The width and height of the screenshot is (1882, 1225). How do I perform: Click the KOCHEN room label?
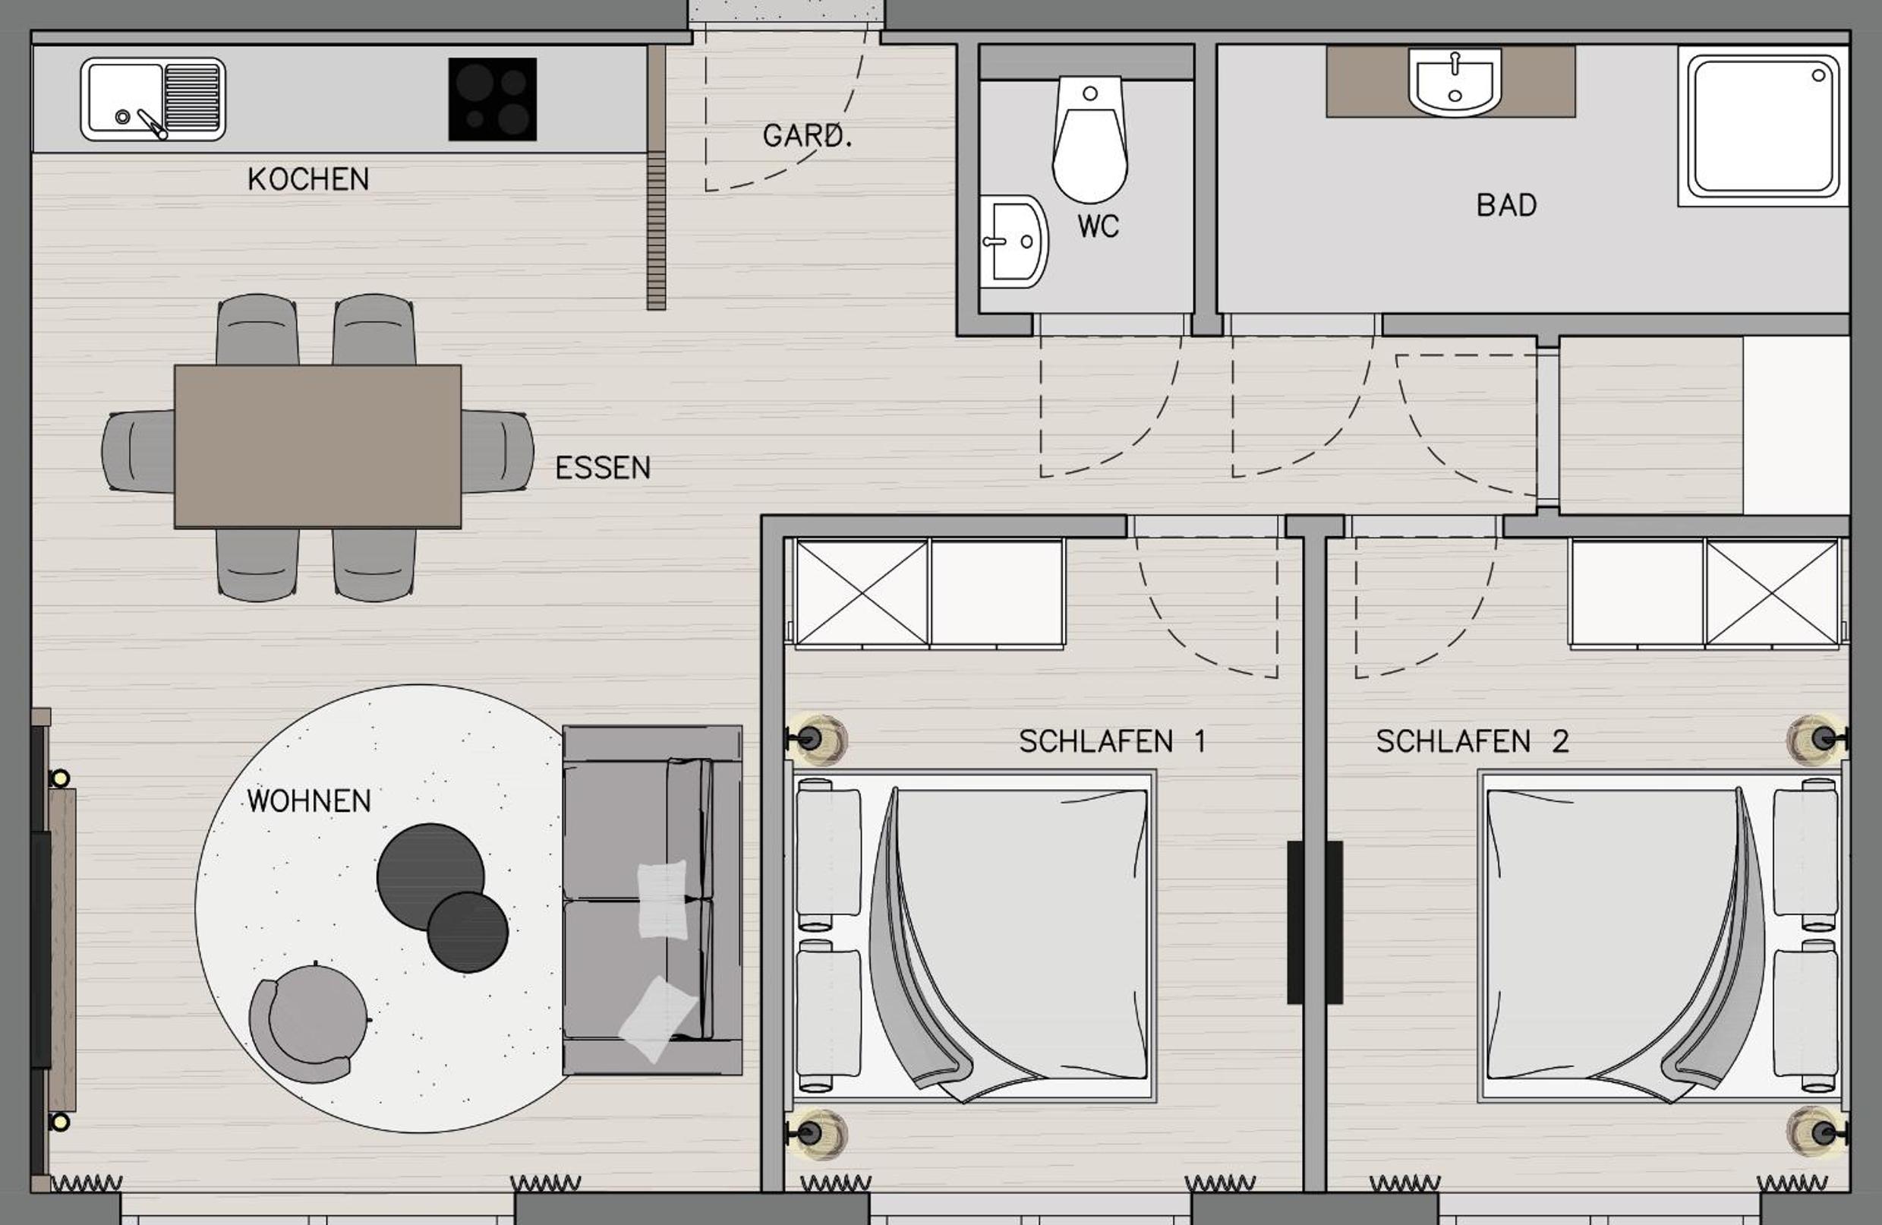pos(308,179)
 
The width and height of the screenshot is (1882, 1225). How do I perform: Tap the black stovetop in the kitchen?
pos(493,99)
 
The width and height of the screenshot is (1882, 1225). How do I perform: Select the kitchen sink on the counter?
pos(153,99)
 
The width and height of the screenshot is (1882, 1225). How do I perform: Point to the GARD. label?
pos(807,136)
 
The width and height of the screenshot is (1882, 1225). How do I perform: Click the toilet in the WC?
pos(1089,139)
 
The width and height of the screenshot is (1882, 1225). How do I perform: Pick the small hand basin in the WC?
pos(1014,242)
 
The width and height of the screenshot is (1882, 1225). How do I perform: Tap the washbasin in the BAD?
pos(1454,81)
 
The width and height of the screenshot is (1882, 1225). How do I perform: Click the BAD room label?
pos(1506,206)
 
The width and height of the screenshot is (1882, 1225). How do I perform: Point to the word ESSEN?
pos(603,468)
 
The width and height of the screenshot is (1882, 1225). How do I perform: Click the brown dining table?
pos(318,446)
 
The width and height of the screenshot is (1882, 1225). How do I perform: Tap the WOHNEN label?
pos(308,801)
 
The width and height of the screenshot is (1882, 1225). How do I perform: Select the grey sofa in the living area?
pos(652,900)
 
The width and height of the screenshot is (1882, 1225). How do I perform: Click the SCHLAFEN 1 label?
pos(1111,742)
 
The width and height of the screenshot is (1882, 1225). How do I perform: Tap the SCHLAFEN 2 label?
pos(1471,742)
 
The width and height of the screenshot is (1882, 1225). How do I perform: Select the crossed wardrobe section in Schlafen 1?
pos(862,592)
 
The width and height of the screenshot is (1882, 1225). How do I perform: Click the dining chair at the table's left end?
pos(138,451)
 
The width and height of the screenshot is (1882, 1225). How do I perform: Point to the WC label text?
pos(1099,227)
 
